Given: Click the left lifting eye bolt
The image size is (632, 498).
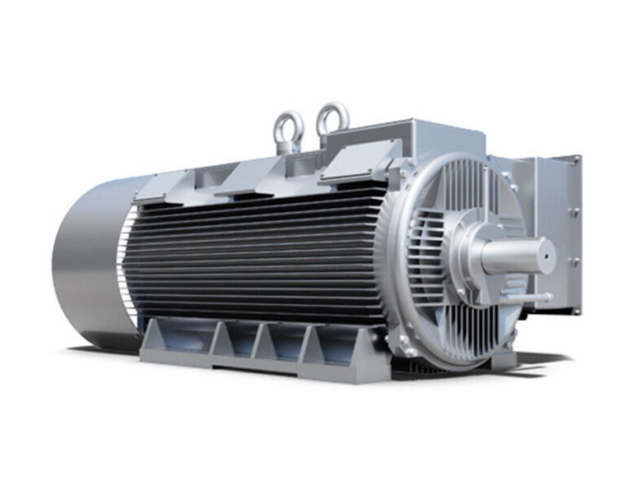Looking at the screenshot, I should click(288, 130).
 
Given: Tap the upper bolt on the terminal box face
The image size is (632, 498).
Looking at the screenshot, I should click(575, 212).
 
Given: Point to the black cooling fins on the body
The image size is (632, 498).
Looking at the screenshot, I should click(255, 255).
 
